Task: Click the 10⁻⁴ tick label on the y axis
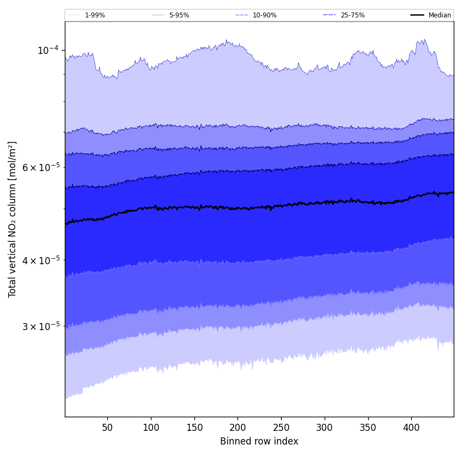48,50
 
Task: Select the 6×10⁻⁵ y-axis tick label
40,167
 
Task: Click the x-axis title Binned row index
259,441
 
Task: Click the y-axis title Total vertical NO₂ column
13,219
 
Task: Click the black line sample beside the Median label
417,15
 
